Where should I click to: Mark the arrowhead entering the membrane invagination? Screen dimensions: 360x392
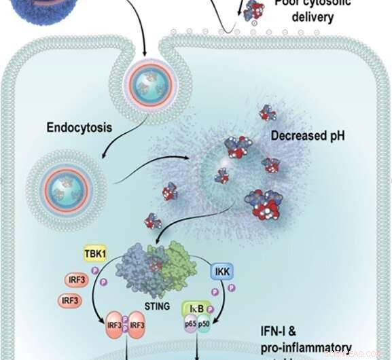[x=146, y=49]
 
